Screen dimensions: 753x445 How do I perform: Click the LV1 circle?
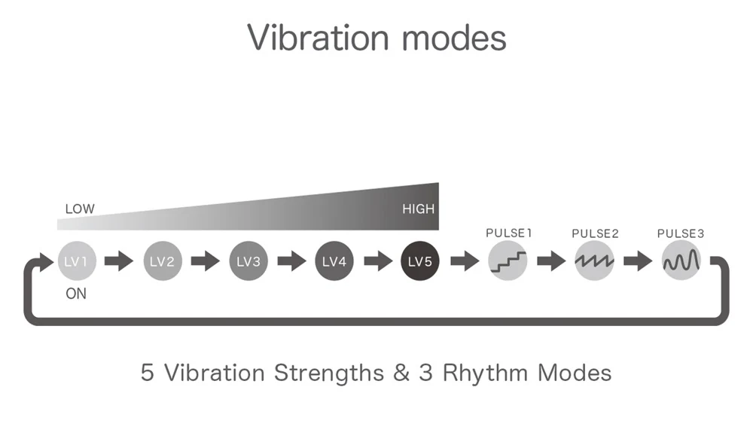(x=77, y=261)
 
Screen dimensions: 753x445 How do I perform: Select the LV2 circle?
(x=163, y=261)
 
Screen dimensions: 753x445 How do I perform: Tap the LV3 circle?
(x=248, y=261)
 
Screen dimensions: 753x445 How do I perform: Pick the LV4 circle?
(x=334, y=261)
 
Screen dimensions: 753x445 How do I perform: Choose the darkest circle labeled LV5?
(x=420, y=261)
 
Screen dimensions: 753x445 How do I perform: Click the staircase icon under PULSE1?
(x=508, y=261)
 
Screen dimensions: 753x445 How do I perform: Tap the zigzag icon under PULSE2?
(x=595, y=261)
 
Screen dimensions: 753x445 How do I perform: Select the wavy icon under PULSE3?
(x=681, y=261)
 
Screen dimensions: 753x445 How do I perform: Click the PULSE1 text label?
(x=508, y=233)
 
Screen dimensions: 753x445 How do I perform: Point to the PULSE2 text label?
(x=595, y=233)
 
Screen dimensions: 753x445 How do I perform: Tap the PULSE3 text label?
(x=681, y=233)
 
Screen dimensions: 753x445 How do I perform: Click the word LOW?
(x=80, y=209)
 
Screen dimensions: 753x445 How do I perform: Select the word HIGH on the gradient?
(x=418, y=209)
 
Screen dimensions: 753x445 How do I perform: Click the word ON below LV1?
(x=76, y=294)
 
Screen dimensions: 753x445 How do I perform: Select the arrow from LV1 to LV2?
(x=119, y=261)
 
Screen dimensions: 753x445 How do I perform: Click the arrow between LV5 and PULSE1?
(x=465, y=261)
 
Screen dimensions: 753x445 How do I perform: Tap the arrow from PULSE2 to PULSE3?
(x=638, y=261)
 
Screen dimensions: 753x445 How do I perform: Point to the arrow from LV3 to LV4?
(x=292, y=261)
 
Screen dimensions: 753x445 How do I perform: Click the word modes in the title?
(x=454, y=38)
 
